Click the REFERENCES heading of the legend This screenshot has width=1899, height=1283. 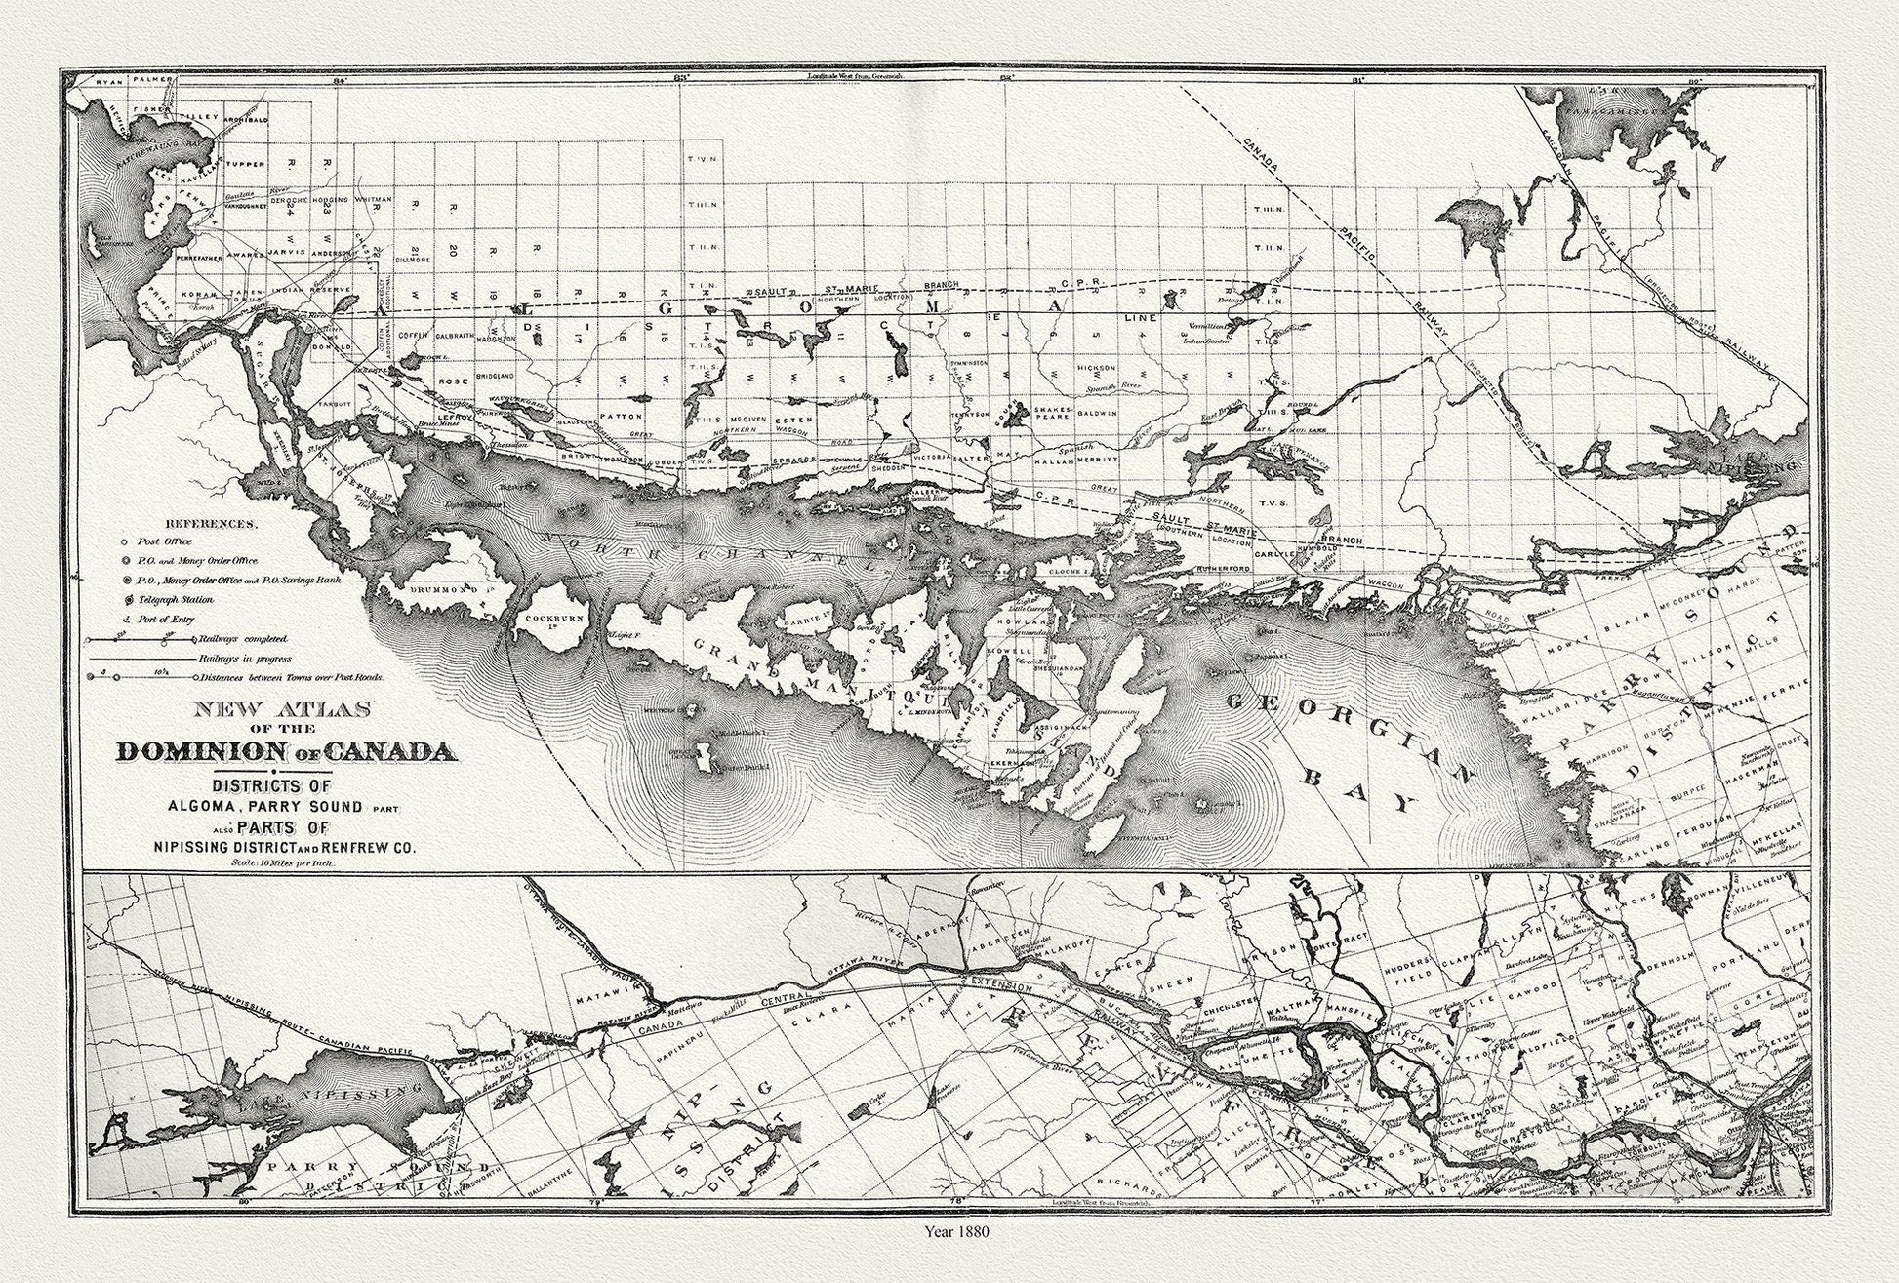pos(211,523)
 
